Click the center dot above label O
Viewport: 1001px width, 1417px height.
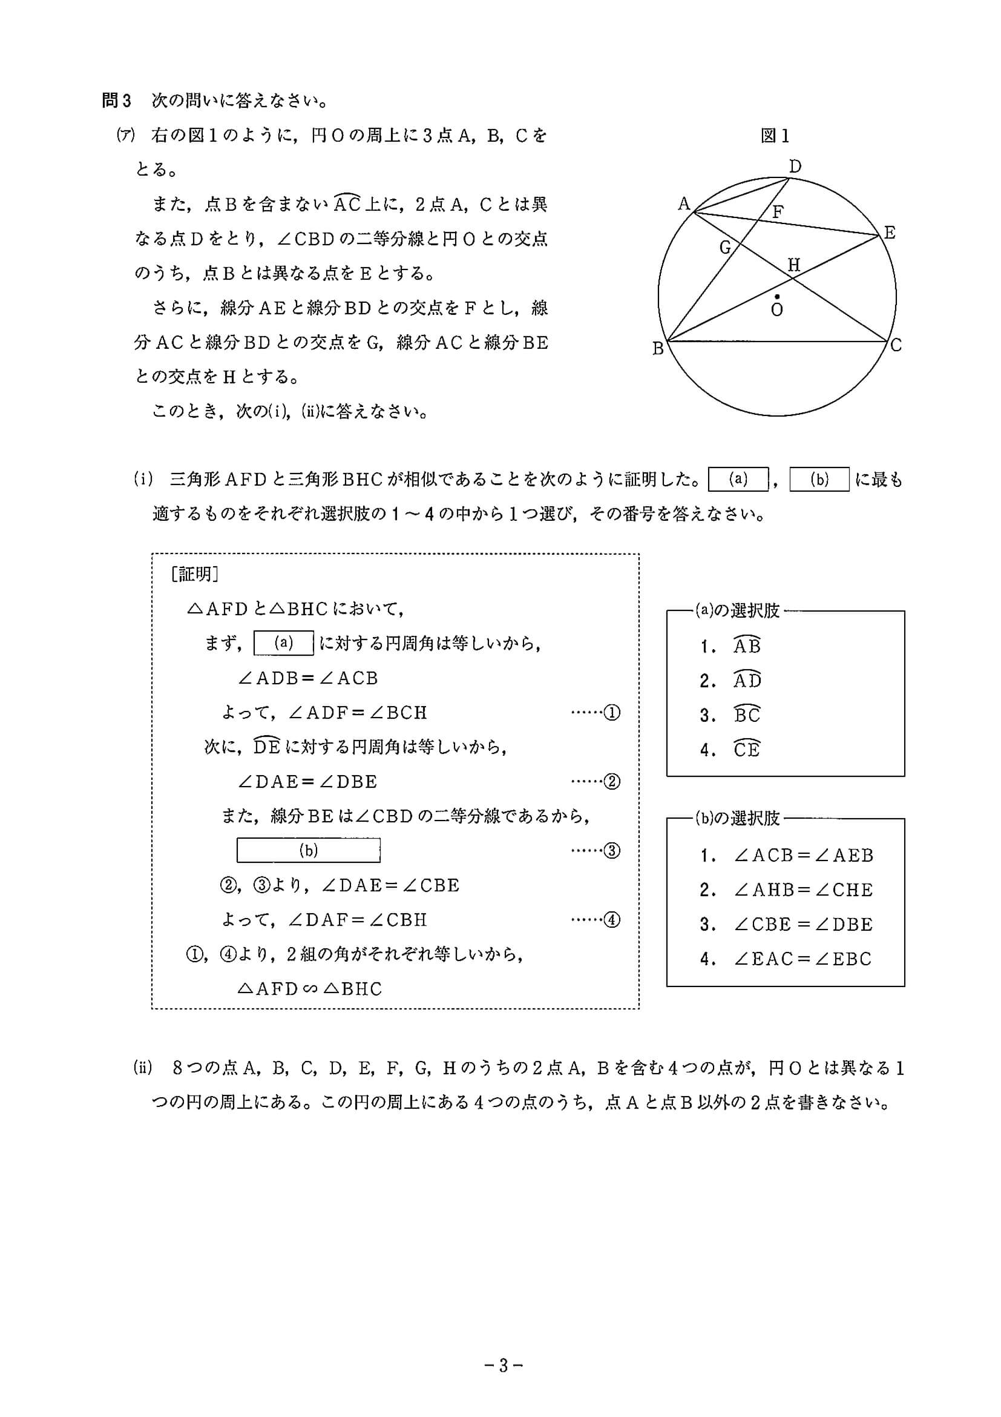(x=776, y=296)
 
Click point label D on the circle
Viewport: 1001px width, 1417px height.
(x=795, y=167)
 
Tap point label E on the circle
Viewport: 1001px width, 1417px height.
(x=890, y=233)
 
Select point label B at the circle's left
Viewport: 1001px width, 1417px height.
(x=658, y=349)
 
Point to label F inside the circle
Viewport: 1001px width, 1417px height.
(x=778, y=213)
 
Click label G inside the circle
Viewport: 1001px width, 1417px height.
(x=725, y=248)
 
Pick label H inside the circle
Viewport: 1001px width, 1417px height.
(x=794, y=265)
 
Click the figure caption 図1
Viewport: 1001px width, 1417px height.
(x=775, y=136)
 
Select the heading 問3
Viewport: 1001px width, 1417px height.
(x=117, y=101)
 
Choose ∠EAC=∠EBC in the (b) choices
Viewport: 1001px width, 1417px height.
(x=802, y=959)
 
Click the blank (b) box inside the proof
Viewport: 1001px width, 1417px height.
(x=309, y=850)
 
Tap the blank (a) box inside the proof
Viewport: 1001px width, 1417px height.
(x=284, y=643)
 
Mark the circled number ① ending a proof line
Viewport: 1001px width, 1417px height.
(x=612, y=713)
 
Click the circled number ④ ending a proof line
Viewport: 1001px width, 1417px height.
(x=612, y=920)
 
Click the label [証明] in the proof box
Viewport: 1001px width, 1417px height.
(x=194, y=575)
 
